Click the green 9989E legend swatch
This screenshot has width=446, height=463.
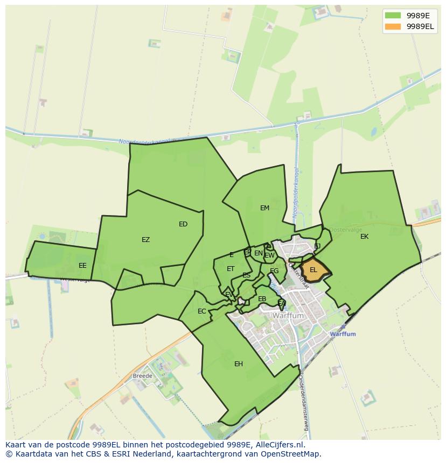point(393,15)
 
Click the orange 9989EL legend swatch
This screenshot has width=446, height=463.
point(393,26)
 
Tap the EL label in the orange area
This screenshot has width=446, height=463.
point(313,270)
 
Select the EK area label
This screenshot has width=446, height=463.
point(365,237)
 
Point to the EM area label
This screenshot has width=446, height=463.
point(264,208)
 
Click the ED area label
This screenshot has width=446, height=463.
point(183,224)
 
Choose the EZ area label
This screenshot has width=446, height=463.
point(146,240)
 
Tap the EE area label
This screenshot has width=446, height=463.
point(82,266)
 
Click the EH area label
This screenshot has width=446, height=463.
point(239,364)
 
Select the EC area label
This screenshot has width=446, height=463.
point(202,311)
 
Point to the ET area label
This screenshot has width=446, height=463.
point(231,269)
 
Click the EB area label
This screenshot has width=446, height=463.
point(262,299)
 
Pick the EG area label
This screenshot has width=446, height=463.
point(274,271)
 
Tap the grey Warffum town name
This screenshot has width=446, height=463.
point(288,316)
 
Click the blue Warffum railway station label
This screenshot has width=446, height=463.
point(343,334)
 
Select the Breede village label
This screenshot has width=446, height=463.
point(143,375)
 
